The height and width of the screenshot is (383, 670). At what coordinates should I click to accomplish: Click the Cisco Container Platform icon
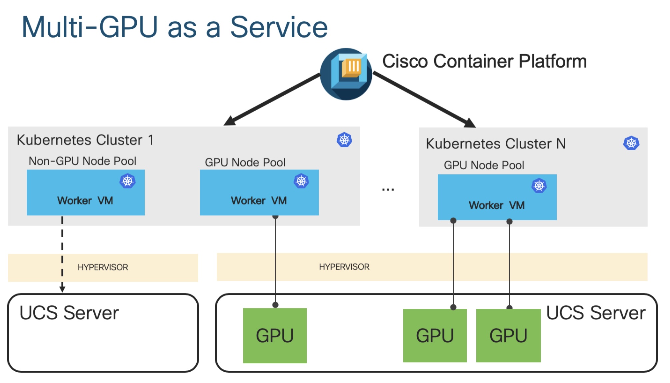click(346, 74)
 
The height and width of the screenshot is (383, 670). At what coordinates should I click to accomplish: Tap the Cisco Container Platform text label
click(484, 61)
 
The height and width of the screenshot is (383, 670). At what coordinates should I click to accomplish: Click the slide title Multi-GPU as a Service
click(175, 27)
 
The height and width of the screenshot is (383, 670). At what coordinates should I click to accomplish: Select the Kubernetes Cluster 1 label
click(85, 140)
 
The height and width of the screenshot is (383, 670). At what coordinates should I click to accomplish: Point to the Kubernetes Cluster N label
click(496, 144)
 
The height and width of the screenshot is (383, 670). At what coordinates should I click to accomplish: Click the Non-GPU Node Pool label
click(82, 161)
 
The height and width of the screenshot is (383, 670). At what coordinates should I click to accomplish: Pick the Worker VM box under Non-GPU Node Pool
click(86, 192)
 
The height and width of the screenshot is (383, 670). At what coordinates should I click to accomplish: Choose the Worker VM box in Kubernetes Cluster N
click(497, 197)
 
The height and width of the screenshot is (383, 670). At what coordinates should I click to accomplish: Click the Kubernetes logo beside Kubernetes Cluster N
click(631, 143)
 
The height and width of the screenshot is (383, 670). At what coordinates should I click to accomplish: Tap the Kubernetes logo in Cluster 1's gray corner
click(344, 140)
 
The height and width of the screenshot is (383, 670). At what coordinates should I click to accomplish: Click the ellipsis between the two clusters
click(388, 190)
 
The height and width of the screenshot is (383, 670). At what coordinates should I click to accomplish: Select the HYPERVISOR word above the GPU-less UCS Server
click(103, 267)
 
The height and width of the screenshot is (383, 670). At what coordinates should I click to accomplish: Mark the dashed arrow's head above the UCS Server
click(62, 289)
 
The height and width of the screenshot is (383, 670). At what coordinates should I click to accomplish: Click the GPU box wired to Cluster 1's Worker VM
click(275, 335)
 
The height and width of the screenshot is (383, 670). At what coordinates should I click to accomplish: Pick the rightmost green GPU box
click(508, 335)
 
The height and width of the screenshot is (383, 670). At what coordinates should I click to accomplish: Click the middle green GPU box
click(435, 335)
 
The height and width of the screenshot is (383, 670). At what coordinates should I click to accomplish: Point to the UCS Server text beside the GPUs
click(596, 313)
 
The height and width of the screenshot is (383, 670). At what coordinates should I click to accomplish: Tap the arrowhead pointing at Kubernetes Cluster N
click(470, 123)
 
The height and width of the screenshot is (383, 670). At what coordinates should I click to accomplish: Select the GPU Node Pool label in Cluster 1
click(245, 163)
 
